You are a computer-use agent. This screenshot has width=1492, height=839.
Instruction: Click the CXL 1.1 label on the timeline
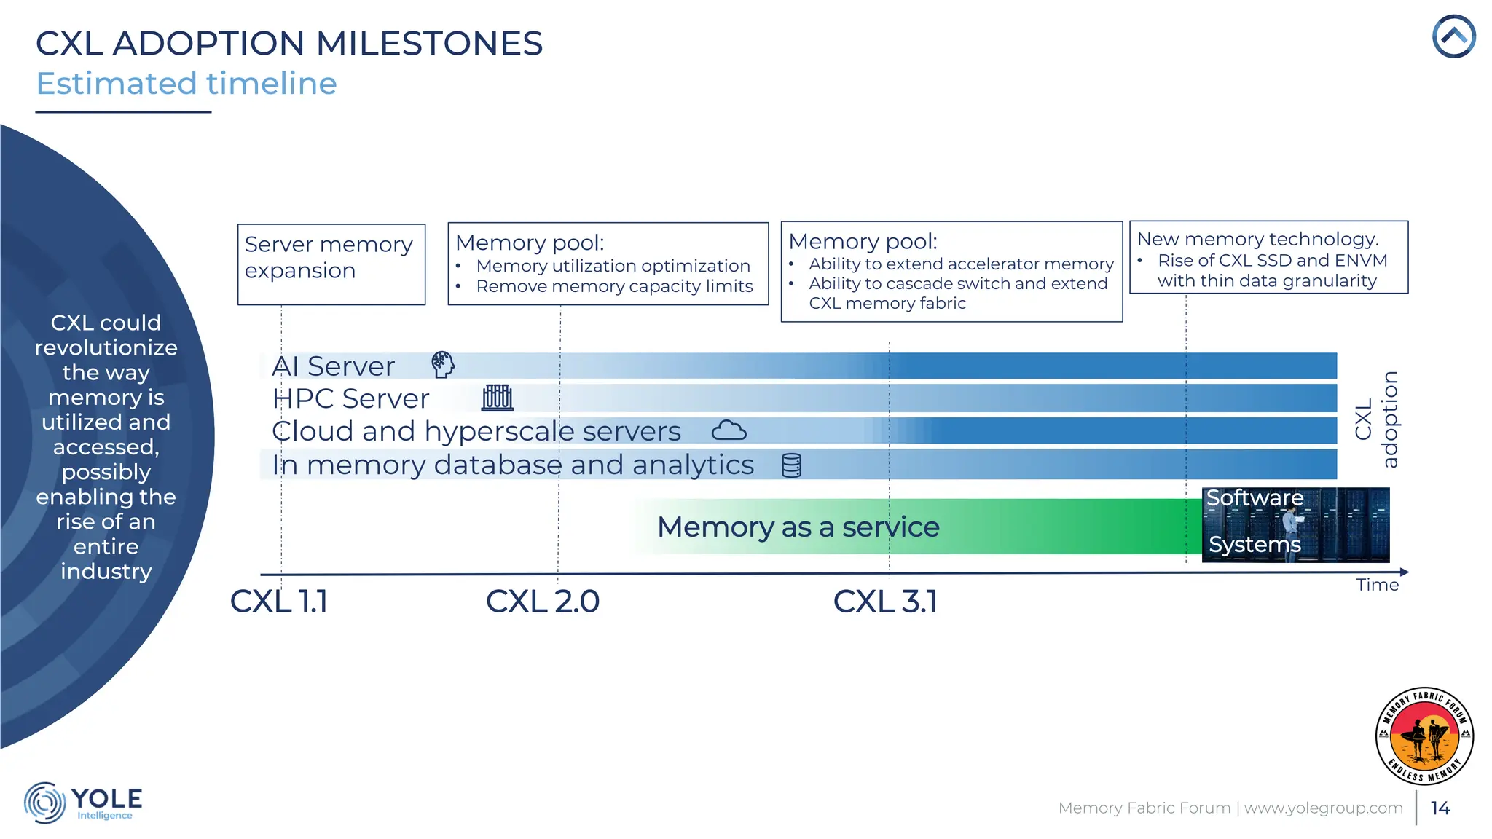tap(279, 602)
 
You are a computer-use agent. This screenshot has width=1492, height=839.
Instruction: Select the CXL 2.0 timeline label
tap(543, 602)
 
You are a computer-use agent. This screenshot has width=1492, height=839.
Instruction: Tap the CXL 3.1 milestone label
tap(885, 602)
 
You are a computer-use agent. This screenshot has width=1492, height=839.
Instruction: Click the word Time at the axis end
tap(1377, 585)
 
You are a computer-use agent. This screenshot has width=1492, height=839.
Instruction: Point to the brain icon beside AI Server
tap(442, 365)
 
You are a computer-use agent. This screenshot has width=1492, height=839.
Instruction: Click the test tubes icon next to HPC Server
tap(498, 398)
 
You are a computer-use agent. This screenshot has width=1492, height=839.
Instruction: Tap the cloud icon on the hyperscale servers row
tap(729, 430)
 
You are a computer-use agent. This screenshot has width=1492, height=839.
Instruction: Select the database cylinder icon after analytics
tap(791, 465)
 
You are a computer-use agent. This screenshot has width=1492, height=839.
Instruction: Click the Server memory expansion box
tap(331, 264)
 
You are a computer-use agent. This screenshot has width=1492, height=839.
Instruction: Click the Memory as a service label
tap(798, 527)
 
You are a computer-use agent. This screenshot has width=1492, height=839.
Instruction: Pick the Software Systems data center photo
tap(1295, 524)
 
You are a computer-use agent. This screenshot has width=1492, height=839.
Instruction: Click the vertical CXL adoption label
tap(1376, 419)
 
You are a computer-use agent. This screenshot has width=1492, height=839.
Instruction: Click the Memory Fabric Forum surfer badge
tap(1424, 736)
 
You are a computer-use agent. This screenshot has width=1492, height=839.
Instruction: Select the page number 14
tap(1440, 808)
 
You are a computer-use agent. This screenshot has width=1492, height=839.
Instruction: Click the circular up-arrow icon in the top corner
tap(1453, 36)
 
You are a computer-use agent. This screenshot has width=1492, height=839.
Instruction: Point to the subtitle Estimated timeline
tap(186, 83)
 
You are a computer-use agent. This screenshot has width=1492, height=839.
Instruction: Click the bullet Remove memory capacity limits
tap(614, 286)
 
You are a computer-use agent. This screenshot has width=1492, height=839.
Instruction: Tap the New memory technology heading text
tap(1257, 239)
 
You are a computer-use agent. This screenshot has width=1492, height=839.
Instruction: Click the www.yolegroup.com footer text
tap(1323, 808)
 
